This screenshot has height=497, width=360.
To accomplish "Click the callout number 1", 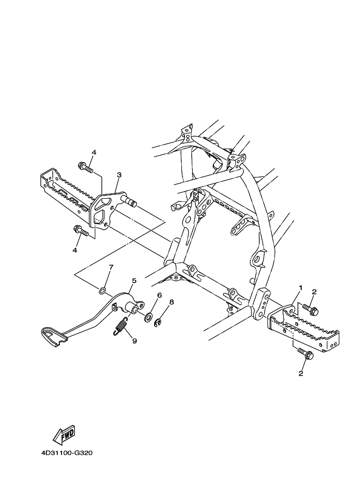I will tap(300, 287).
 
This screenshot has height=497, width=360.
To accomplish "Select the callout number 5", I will tap(133, 281).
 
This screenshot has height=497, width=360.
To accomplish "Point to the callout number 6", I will tap(160, 295).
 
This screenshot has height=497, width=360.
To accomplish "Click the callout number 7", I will tap(111, 267).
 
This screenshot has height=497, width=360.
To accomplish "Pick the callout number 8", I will tap(171, 302).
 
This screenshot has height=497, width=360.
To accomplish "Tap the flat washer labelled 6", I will tap(148, 316).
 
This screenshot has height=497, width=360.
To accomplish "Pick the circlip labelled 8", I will tap(157, 324).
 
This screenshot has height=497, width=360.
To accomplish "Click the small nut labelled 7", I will tap(102, 290).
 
